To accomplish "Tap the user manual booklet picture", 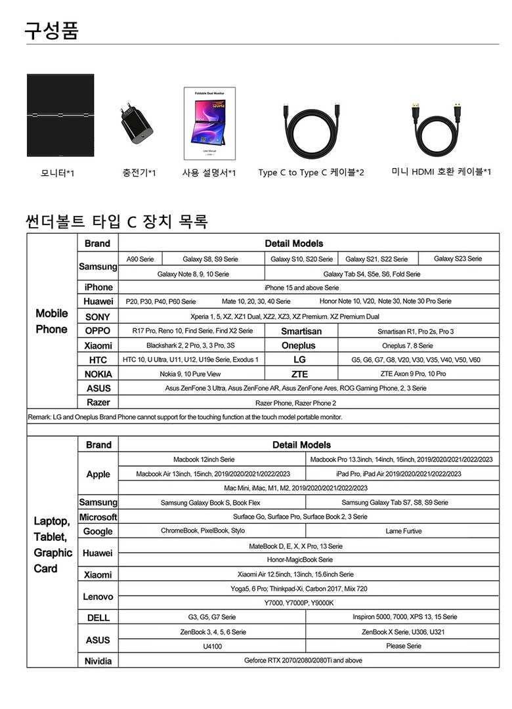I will pyautogui.click(x=209, y=124).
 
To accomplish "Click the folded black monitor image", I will pyautogui.click(x=61, y=116).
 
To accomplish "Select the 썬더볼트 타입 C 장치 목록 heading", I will pyautogui.click(x=116, y=222).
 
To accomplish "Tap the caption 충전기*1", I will pyautogui.click(x=139, y=173).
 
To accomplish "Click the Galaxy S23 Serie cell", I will pyautogui.click(x=458, y=259).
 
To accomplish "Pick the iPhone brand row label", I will pyautogui.click(x=98, y=287).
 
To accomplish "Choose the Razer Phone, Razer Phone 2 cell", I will pyautogui.click(x=295, y=402).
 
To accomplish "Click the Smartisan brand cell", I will pyautogui.click(x=301, y=332).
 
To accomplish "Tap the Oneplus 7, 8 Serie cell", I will pyautogui.click(x=407, y=345).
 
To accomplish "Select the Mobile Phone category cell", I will pyautogui.click(x=52, y=321).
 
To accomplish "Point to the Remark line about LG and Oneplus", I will pyautogui.click(x=185, y=417).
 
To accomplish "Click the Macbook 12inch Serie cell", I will pyautogui.click(x=203, y=459).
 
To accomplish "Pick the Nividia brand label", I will pyautogui.click(x=98, y=661).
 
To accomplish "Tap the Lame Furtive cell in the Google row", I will pyautogui.click(x=404, y=531).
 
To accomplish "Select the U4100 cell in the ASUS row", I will pyautogui.click(x=211, y=646).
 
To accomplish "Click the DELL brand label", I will pyautogui.click(x=98, y=618).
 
